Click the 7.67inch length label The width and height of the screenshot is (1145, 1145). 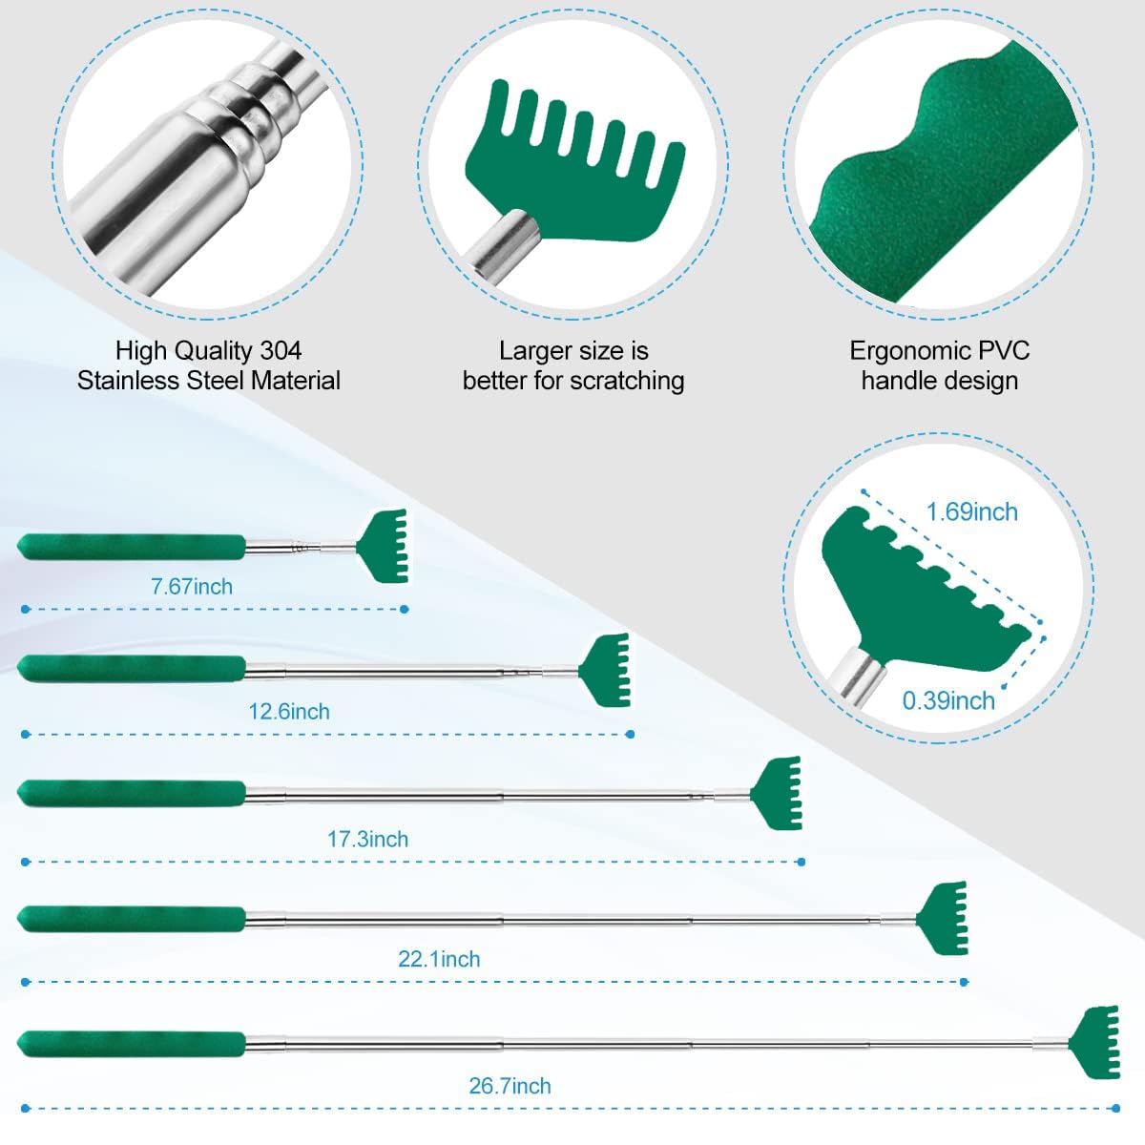[192, 587]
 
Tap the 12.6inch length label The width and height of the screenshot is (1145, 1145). [289, 711]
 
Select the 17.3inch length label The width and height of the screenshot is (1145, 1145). [367, 839]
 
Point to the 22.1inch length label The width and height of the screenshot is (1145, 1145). [439, 959]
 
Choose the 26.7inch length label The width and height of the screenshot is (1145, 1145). [510, 1086]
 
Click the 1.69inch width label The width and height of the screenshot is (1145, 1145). [972, 512]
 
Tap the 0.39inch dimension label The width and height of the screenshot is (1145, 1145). [948, 701]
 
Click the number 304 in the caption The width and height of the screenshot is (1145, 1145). [281, 350]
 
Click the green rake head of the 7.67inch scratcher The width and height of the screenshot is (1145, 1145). [386, 546]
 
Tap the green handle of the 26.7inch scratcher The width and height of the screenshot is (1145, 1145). [132, 1044]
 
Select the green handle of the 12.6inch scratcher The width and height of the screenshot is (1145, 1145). [132, 669]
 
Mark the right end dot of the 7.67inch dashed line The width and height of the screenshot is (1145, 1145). [404, 609]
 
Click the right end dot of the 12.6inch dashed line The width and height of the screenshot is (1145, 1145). [631, 735]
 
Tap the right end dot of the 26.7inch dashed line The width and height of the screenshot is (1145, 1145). [1115, 1108]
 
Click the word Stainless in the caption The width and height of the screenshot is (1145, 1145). [129, 381]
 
